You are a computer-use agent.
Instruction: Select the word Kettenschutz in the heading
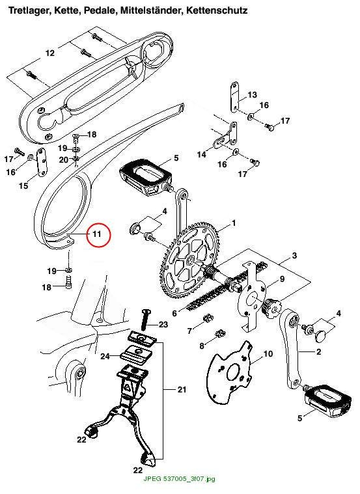coord(217,10)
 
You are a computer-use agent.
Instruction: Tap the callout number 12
coord(50,53)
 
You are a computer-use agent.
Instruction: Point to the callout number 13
coord(252,94)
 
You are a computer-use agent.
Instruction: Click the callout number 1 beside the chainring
coord(234,223)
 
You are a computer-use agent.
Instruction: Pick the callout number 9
coord(282,279)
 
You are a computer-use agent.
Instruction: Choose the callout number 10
coord(268,354)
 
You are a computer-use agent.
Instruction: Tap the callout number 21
coord(182,390)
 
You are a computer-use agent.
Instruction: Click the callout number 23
coord(163,324)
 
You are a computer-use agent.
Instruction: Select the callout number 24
coord(105,356)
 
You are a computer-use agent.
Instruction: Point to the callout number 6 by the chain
coord(174,314)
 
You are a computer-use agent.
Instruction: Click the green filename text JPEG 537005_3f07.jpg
coord(180,479)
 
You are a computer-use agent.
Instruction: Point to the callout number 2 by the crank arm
coord(318,351)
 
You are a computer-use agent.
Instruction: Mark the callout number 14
coord(201,154)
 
